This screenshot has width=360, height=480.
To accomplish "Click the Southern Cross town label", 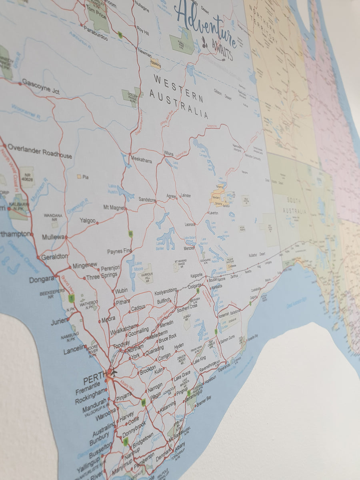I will (x=187, y=308).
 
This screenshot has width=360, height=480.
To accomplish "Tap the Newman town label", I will (x=144, y=52).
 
